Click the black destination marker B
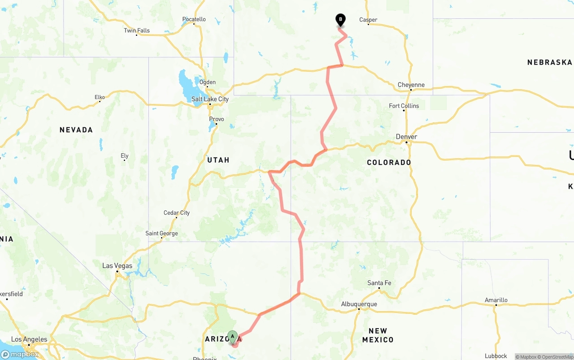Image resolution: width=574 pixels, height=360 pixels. [340, 20]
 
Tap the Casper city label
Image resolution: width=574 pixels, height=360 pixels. [368, 20]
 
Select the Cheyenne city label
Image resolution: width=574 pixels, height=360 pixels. [411, 85]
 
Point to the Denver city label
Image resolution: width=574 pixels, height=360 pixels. [406, 137]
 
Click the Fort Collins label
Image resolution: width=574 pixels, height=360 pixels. [404, 106]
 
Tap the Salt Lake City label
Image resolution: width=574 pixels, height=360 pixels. [210, 99]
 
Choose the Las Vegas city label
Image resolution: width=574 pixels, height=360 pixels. [117, 265]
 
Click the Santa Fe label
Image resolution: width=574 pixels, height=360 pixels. [379, 283]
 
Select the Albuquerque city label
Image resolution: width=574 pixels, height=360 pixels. [359, 304]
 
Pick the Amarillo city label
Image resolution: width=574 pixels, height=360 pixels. [496, 300]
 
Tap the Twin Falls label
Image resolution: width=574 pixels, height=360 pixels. [137, 30]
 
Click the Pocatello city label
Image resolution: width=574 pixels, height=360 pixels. [194, 19]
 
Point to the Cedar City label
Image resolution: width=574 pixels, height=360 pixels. [177, 213]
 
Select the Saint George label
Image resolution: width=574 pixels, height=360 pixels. [161, 233]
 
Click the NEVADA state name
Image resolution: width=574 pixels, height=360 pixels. [76, 130]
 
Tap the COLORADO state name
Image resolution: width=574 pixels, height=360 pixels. [389, 162]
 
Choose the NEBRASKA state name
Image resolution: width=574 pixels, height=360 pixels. [550, 62]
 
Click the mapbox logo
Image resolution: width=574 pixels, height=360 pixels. [20, 354]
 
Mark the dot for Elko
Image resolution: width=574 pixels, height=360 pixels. [100, 101]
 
